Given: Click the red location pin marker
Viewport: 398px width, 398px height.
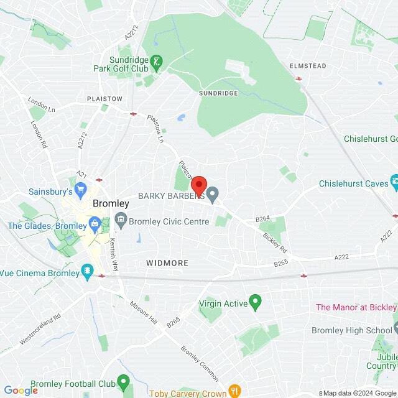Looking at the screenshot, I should [x=198, y=186].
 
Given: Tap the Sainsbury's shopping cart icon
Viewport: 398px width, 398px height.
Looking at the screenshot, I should [x=80, y=188].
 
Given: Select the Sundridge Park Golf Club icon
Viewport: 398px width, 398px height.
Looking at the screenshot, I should [x=158, y=62].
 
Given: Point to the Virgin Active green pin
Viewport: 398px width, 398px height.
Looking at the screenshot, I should [x=254, y=302].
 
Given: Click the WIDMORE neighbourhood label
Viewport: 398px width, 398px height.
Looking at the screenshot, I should [x=167, y=263].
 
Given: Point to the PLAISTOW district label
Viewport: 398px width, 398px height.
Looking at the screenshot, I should [x=105, y=99].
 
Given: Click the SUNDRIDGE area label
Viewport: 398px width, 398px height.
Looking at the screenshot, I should [x=218, y=93].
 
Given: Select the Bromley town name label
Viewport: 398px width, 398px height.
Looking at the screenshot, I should [x=111, y=203].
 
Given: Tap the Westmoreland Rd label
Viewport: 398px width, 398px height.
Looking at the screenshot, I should [x=40, y=328].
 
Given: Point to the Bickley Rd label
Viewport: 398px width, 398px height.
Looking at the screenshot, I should [x=275, y=241].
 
